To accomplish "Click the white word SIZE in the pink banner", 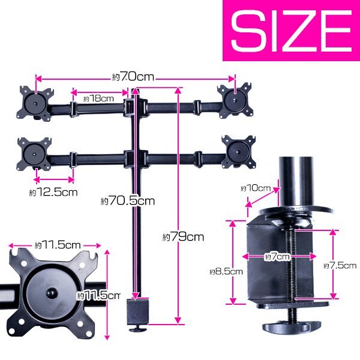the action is tap(291, 31).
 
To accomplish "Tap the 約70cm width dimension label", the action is tap(133, 77).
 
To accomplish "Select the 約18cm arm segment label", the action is tap(98, 98).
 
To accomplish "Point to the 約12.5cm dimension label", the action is tap(53, 192).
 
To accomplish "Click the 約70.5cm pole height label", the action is tap(128, 201).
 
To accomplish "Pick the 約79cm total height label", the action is tap(183, 236).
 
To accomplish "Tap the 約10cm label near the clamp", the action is tap(256, 188).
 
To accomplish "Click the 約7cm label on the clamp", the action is tap(277, 256).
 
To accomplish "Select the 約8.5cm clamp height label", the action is tap(226, 272).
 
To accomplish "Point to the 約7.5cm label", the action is tap(340, 266).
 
